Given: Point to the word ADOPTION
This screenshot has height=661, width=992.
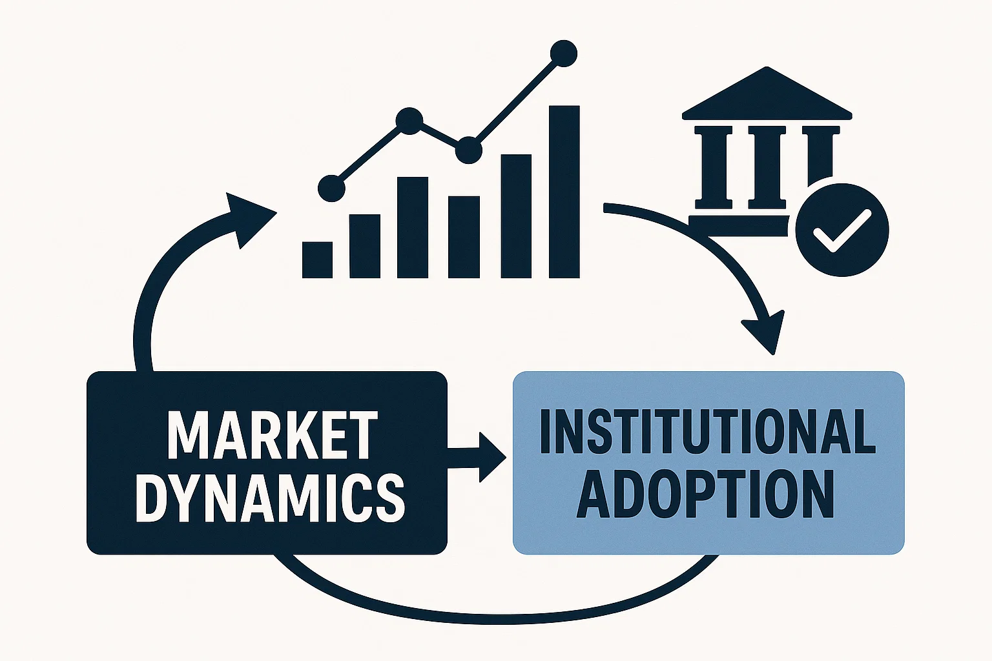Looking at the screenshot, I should coord(705,494).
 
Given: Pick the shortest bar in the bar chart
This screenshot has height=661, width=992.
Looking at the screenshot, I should coord(317,259).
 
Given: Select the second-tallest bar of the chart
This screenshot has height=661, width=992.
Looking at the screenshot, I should coord(516,216).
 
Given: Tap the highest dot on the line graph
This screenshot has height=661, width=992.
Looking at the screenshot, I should coord(563,54).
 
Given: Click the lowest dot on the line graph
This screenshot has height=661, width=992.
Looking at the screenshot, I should coord(331,188).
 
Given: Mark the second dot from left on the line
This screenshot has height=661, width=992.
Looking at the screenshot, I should coord(409,121).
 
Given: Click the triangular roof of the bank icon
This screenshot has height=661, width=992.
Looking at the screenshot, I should coord(767,97).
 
